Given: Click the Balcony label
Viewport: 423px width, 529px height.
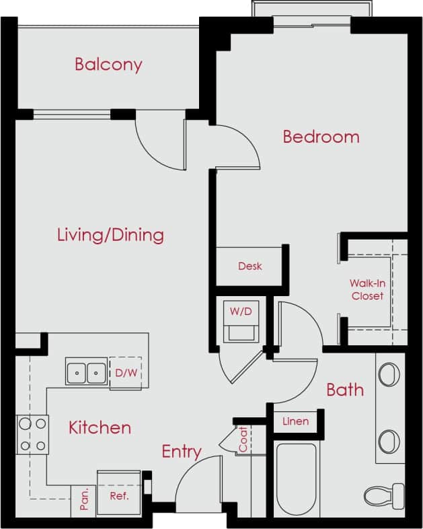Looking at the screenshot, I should pos(108,65).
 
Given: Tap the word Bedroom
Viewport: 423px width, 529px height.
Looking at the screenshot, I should pos(321,137).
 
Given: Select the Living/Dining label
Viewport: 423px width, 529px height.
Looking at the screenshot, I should pos(110,235).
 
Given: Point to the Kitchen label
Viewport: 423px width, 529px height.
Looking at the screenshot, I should pos(100,427).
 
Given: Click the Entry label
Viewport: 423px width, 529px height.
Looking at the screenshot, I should pos(181,452).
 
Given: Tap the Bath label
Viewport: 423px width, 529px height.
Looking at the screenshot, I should pos(345,389).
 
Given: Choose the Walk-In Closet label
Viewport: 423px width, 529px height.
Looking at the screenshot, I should pos(367,289).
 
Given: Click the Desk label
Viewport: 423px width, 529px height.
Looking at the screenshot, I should pos(250,267).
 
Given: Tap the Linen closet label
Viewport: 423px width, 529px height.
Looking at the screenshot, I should pos(295,421).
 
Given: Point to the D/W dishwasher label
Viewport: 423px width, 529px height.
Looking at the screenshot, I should pos(125,372).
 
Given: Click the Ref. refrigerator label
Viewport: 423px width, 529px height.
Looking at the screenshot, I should pos(119,497).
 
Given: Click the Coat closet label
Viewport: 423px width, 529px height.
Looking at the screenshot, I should pos(242,440).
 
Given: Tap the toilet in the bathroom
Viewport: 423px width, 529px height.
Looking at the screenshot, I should pos(384,497).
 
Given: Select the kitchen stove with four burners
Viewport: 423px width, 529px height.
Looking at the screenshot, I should pos(32,434).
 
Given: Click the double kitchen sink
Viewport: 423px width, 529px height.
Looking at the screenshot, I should pos(86,372).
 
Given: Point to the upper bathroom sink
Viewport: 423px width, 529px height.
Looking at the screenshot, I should pos(389,374).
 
